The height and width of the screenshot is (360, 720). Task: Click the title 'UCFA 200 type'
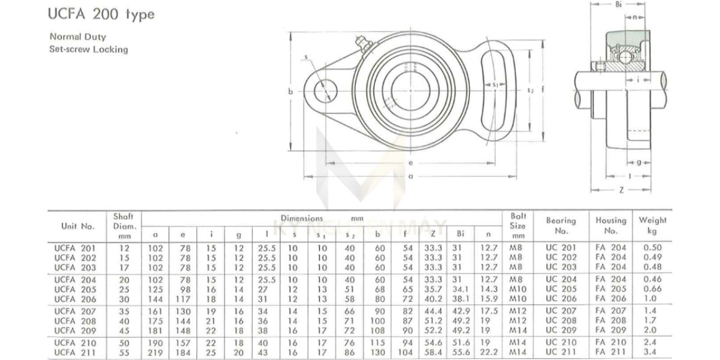point(101,14)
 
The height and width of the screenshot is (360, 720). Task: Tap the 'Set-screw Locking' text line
point(89,49)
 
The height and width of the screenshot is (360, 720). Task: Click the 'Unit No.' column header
point(78,226)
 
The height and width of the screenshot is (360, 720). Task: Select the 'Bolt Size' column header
point(518,226)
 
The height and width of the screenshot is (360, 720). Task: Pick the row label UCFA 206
point(75,299)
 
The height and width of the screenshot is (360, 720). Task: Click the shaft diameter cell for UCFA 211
point(124,353)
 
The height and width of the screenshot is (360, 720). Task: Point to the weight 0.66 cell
point(653,289)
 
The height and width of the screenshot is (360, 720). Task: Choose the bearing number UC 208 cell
point(561,320)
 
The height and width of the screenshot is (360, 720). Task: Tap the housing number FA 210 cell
point(611,343)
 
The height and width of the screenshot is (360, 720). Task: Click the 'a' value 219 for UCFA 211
point(155,353)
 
